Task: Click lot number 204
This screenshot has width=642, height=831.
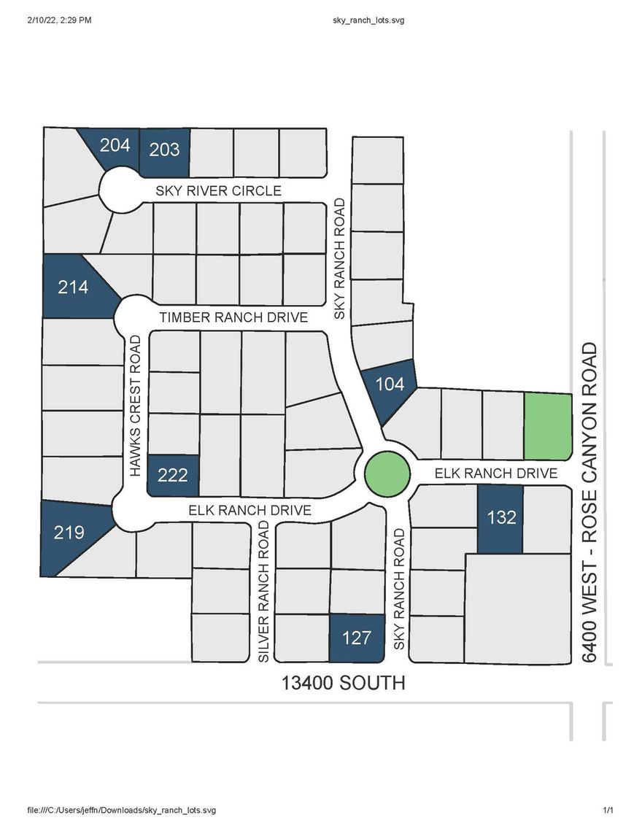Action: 115,146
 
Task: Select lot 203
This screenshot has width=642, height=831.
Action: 164,150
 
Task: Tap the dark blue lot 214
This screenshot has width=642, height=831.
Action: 73,287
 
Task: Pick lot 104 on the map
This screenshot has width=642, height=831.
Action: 390,384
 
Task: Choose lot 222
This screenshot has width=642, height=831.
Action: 173,476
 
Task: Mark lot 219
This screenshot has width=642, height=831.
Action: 69,533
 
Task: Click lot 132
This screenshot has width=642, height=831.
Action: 501,518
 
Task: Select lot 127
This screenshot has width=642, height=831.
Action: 357,638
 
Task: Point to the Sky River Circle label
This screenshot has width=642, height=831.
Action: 218,191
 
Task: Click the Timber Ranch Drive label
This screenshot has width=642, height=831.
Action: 234,318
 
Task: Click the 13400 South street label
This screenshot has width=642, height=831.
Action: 343,684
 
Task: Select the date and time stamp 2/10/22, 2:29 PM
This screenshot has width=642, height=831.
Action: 61,20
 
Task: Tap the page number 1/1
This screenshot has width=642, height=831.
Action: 608,811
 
